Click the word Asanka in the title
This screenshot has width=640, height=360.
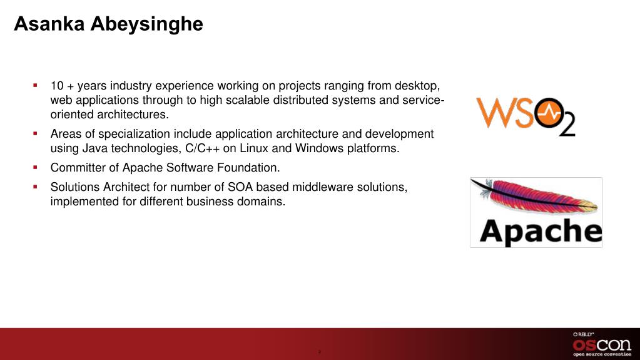(49, 24)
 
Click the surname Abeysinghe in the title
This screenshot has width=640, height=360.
(147, 24)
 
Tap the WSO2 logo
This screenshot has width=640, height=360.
(526, 116)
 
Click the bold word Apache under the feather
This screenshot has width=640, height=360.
(541, 231)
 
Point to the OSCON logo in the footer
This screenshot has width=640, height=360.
(602, 344)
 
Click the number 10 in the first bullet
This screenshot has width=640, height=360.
(57, 86)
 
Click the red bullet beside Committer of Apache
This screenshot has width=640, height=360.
(36, 167)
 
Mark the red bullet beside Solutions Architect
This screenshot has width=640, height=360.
(36, 187)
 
